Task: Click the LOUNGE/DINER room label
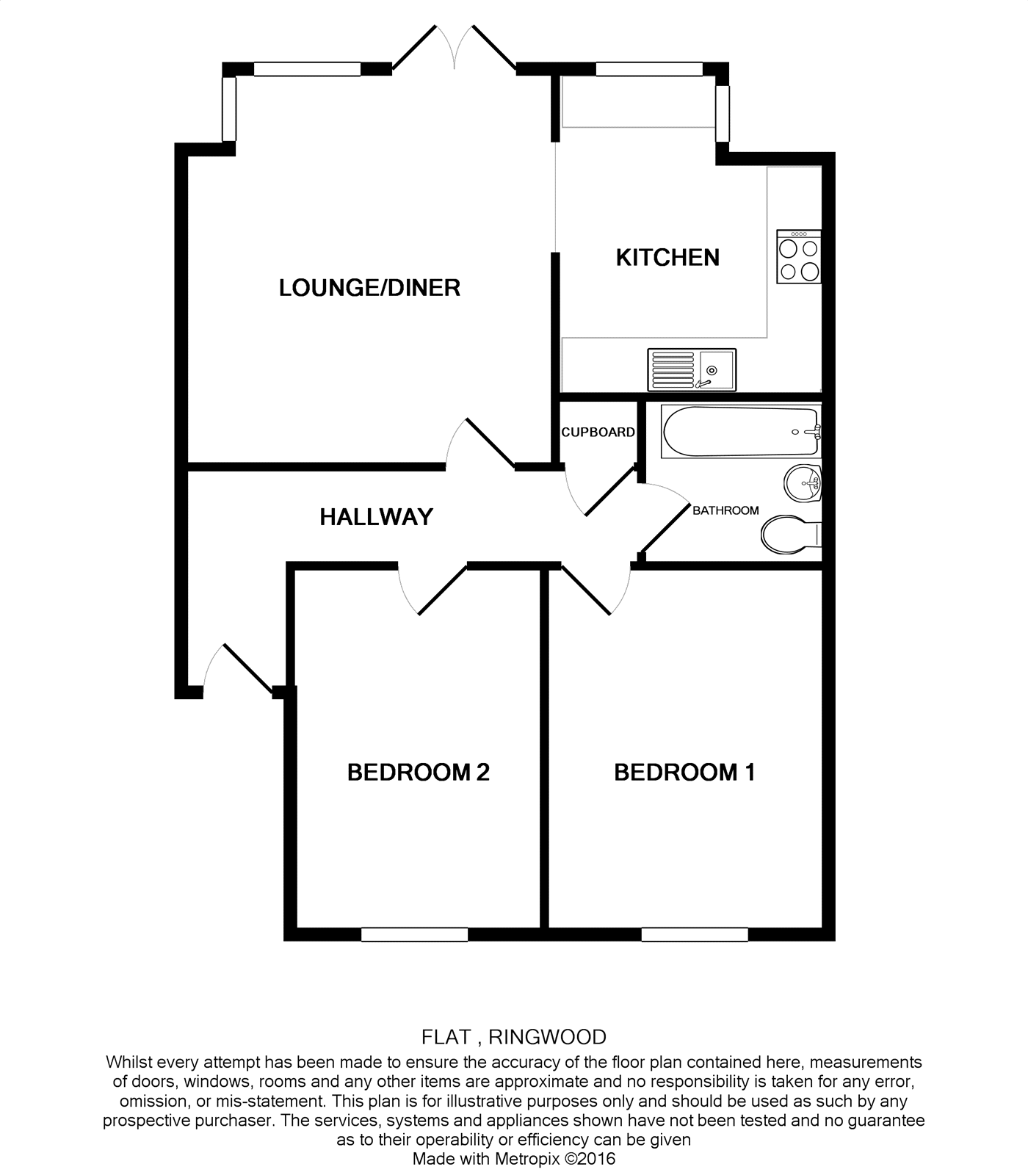pyautogui.click(x=369, y=287)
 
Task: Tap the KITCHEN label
pyautogui.click(x=667, y=258)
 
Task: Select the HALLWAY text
pyautogui.click(x=376, y=517)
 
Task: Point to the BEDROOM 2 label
pyautogui.click(x=418, y=773)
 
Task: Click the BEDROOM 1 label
pyautogui.click(x=684, y=773)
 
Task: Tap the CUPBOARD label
pyautogui.click(x=598, y=433)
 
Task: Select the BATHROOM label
pyautogui.click(x=725, y=510)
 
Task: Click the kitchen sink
pyautogui.click(x=691, y=369)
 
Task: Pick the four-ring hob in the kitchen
pyautogui.click(x=799, y=257)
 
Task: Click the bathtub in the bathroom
pyautogui.click(x=740, y=432)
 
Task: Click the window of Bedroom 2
pyautogui.click(x=414, y=934)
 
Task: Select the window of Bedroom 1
pyautogui.click(x=695, y=934)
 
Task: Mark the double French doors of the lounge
pyautogui.click(x=455, y=50)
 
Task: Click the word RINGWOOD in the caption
pyautogui.click(x=547, y=1037)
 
